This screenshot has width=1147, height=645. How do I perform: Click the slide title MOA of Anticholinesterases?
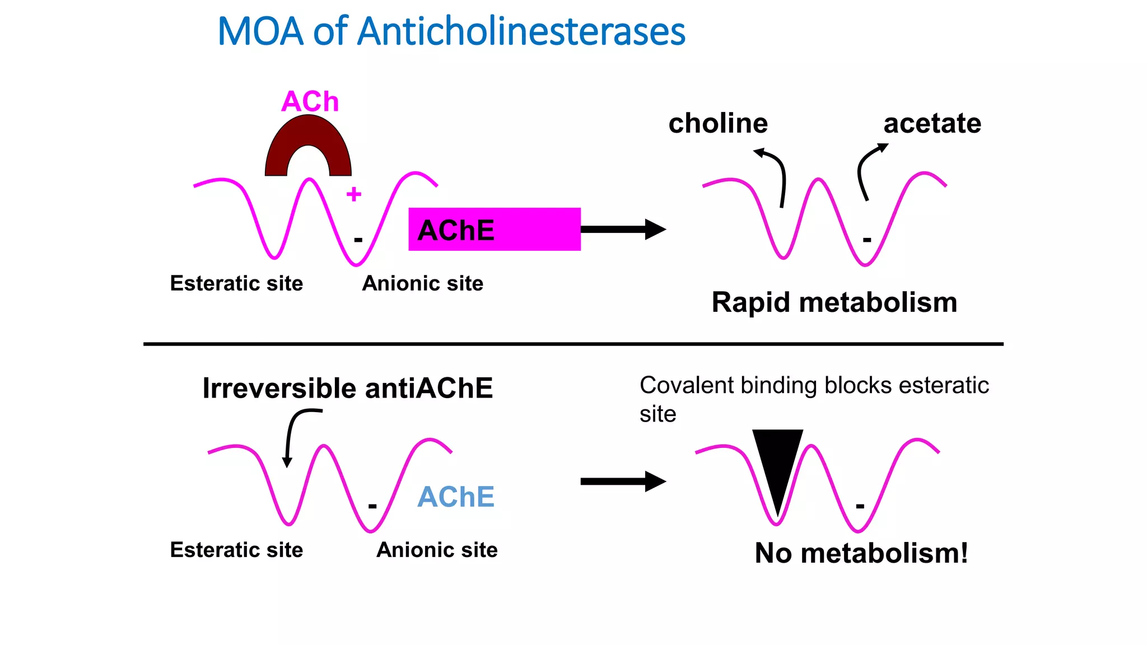451,31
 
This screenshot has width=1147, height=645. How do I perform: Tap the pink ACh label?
310,102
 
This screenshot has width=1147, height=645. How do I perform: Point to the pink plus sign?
354,194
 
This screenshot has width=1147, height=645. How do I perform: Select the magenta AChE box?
494,229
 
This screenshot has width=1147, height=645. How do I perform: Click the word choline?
718,123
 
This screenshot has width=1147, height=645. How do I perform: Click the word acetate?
932,123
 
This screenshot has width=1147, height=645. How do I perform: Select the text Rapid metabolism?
834,302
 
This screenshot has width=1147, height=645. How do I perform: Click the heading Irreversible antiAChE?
347,388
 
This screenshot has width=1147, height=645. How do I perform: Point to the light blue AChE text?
456,497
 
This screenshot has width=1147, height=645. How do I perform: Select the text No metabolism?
861,553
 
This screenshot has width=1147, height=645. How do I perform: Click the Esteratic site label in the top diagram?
236,283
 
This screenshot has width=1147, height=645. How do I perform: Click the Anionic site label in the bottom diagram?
437,550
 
